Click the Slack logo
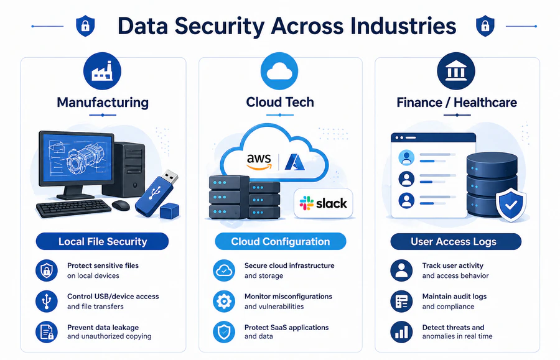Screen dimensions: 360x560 [323, 203]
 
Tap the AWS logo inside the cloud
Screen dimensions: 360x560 [259, 161]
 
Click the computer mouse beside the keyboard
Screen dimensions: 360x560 [121, 205]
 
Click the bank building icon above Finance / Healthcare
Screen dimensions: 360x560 [456, 72]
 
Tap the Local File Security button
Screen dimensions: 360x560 [103, 241]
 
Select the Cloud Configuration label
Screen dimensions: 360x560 [280, 241]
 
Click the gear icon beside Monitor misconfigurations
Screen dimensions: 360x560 [224, 301]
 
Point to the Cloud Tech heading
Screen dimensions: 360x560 [280, 102]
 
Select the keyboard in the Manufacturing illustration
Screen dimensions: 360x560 [73, 208]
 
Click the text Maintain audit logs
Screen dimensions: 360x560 [454, 297]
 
